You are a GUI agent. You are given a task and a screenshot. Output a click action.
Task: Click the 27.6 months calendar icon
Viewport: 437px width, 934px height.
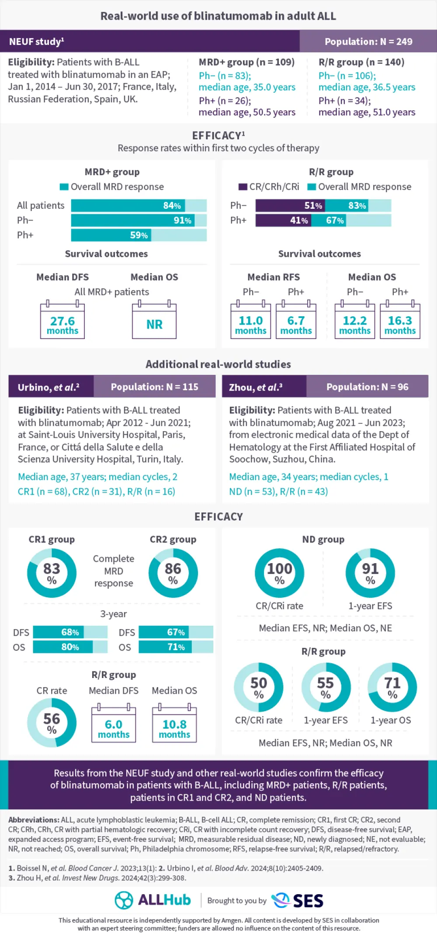tap(62, 321)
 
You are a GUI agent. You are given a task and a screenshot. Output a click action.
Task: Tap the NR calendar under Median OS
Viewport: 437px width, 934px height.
tap(154, 321)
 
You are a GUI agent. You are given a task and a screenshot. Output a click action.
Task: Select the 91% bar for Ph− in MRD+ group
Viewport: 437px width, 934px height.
tap(133, 220)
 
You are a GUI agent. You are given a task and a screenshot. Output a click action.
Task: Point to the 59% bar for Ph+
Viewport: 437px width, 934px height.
tap(111, 235)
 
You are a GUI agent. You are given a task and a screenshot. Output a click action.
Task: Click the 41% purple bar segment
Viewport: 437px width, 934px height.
tap(283, 220)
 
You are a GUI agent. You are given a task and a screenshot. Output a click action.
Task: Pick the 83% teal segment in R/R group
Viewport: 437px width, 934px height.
tap(347, 205)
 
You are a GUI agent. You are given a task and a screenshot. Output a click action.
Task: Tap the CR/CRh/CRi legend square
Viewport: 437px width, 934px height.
tap(243, 187)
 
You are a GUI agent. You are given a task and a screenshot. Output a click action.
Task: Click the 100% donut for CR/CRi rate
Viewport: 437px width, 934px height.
tap(280, 573)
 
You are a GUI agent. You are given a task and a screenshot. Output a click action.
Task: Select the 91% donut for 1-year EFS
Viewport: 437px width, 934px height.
tap(370, 573)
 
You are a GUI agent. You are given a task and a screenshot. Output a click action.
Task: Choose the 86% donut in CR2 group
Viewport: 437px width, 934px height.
tap(173, 573)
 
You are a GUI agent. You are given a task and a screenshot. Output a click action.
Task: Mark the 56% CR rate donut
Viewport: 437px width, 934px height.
tap(52, 723)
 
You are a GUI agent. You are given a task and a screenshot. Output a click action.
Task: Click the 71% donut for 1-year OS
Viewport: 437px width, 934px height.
tap(392, 687)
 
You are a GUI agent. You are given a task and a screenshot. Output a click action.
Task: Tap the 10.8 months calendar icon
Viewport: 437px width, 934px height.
tap(174, 724)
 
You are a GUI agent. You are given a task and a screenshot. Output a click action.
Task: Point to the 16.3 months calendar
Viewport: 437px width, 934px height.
tap(400, 321)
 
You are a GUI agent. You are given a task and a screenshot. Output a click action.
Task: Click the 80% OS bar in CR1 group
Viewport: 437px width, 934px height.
tap(63, 647)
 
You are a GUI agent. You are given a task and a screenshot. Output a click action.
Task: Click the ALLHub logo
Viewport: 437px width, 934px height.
tap(153, 900)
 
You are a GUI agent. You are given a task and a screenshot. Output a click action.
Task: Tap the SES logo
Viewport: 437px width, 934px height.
tap(298, 900)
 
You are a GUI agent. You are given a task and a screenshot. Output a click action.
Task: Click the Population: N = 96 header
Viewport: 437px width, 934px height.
tap(367, 387)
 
